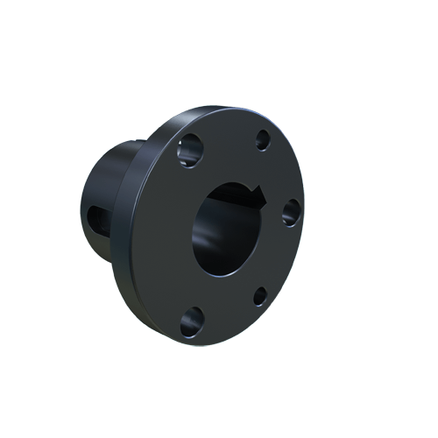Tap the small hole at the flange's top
pyautogui.click(x=263, y=138)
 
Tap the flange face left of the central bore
pyautogui.click(x=171, y=232)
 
